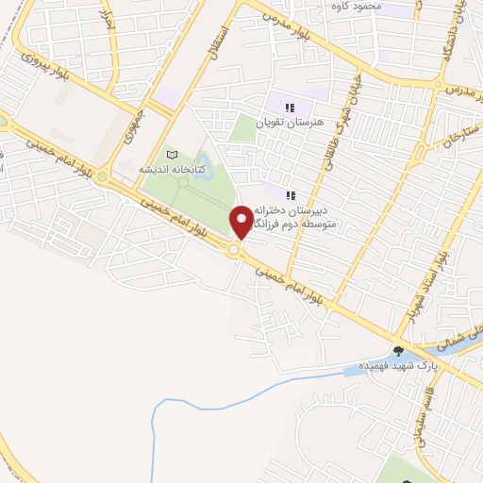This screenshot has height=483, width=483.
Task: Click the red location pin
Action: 241,222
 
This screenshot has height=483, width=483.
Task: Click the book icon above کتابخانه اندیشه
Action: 171,154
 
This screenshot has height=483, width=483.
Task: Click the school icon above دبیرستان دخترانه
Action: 291,194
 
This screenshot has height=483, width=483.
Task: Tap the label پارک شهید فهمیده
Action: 389,365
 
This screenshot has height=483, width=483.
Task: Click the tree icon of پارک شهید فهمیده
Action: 409,351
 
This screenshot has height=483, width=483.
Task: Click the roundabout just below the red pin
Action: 234,250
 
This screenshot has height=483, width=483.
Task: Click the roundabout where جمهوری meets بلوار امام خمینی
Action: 102,175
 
